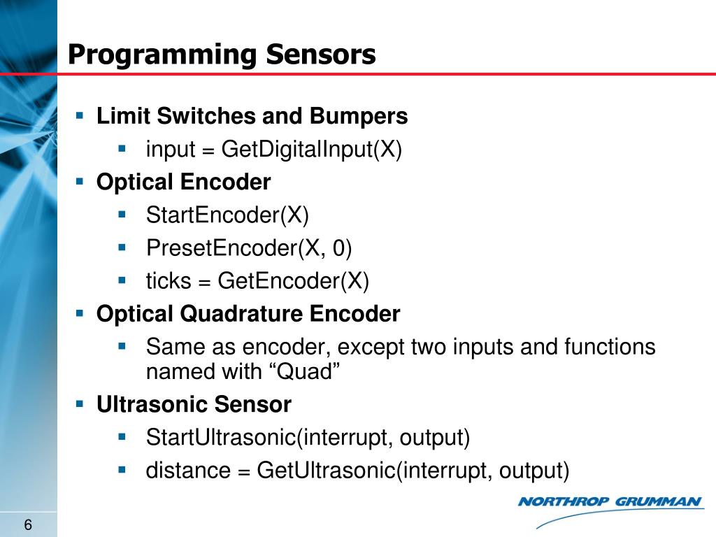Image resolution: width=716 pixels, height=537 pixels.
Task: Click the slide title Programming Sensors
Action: [222, 55]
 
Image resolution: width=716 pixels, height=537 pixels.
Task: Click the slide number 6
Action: [29, 526]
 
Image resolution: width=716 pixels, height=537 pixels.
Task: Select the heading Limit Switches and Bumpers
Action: [252, 116]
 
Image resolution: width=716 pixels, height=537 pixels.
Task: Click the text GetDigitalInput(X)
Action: [312, 150]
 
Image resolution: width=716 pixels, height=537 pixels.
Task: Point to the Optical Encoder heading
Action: [183, 182]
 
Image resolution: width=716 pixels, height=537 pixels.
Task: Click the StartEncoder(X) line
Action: [227, 215]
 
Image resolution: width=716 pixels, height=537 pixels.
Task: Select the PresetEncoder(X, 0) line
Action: [249, 248]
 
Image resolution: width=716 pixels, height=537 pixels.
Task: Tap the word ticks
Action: [168, 281]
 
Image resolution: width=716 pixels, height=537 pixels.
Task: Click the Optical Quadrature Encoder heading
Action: [248, 314]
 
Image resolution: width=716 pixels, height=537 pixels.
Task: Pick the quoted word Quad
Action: [304, 371]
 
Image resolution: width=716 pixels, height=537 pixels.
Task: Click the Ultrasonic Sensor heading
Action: [194, 404]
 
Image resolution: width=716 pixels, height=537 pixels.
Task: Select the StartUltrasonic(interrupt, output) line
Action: [308, 438]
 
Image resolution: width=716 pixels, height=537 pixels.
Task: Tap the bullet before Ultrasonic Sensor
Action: [80, 403]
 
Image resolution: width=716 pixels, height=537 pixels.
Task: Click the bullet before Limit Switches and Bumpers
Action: [80, 115]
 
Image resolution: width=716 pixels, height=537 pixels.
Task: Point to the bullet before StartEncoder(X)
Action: [122, 215]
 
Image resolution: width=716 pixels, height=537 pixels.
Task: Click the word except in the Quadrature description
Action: [371, 347]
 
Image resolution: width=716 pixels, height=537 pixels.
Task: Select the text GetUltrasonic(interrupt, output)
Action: [413, 471]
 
